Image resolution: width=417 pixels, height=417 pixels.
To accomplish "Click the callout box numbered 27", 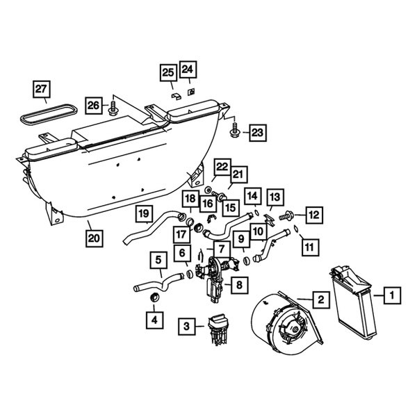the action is (x=42, y=89).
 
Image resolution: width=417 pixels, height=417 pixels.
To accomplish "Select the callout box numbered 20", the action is (x=94, y=238).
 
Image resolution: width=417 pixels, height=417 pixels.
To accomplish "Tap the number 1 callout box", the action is (x=392, y=295).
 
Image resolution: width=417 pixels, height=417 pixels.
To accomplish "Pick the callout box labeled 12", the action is (x=314, y=215).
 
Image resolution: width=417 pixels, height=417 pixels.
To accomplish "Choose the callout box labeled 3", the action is (x=187, y=326).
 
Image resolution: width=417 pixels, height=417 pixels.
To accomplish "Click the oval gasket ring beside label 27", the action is (x=49, y=117).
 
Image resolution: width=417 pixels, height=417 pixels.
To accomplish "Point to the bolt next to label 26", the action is (x=113, y=108).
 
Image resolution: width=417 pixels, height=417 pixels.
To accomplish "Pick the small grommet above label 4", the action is (x=155, y=297).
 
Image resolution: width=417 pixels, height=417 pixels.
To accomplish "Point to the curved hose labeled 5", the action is (x=158, y=284).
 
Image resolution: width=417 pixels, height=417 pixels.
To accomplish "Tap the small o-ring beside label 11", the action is (x=296, y=228).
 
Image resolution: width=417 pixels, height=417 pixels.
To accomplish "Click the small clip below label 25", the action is (x=176, y=96).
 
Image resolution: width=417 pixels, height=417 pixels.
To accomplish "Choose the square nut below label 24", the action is (x=191, y=92).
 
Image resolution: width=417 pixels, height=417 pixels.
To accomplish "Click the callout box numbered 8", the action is (x=240, y=285).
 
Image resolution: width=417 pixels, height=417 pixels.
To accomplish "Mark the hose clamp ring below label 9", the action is (x=246, y=261).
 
